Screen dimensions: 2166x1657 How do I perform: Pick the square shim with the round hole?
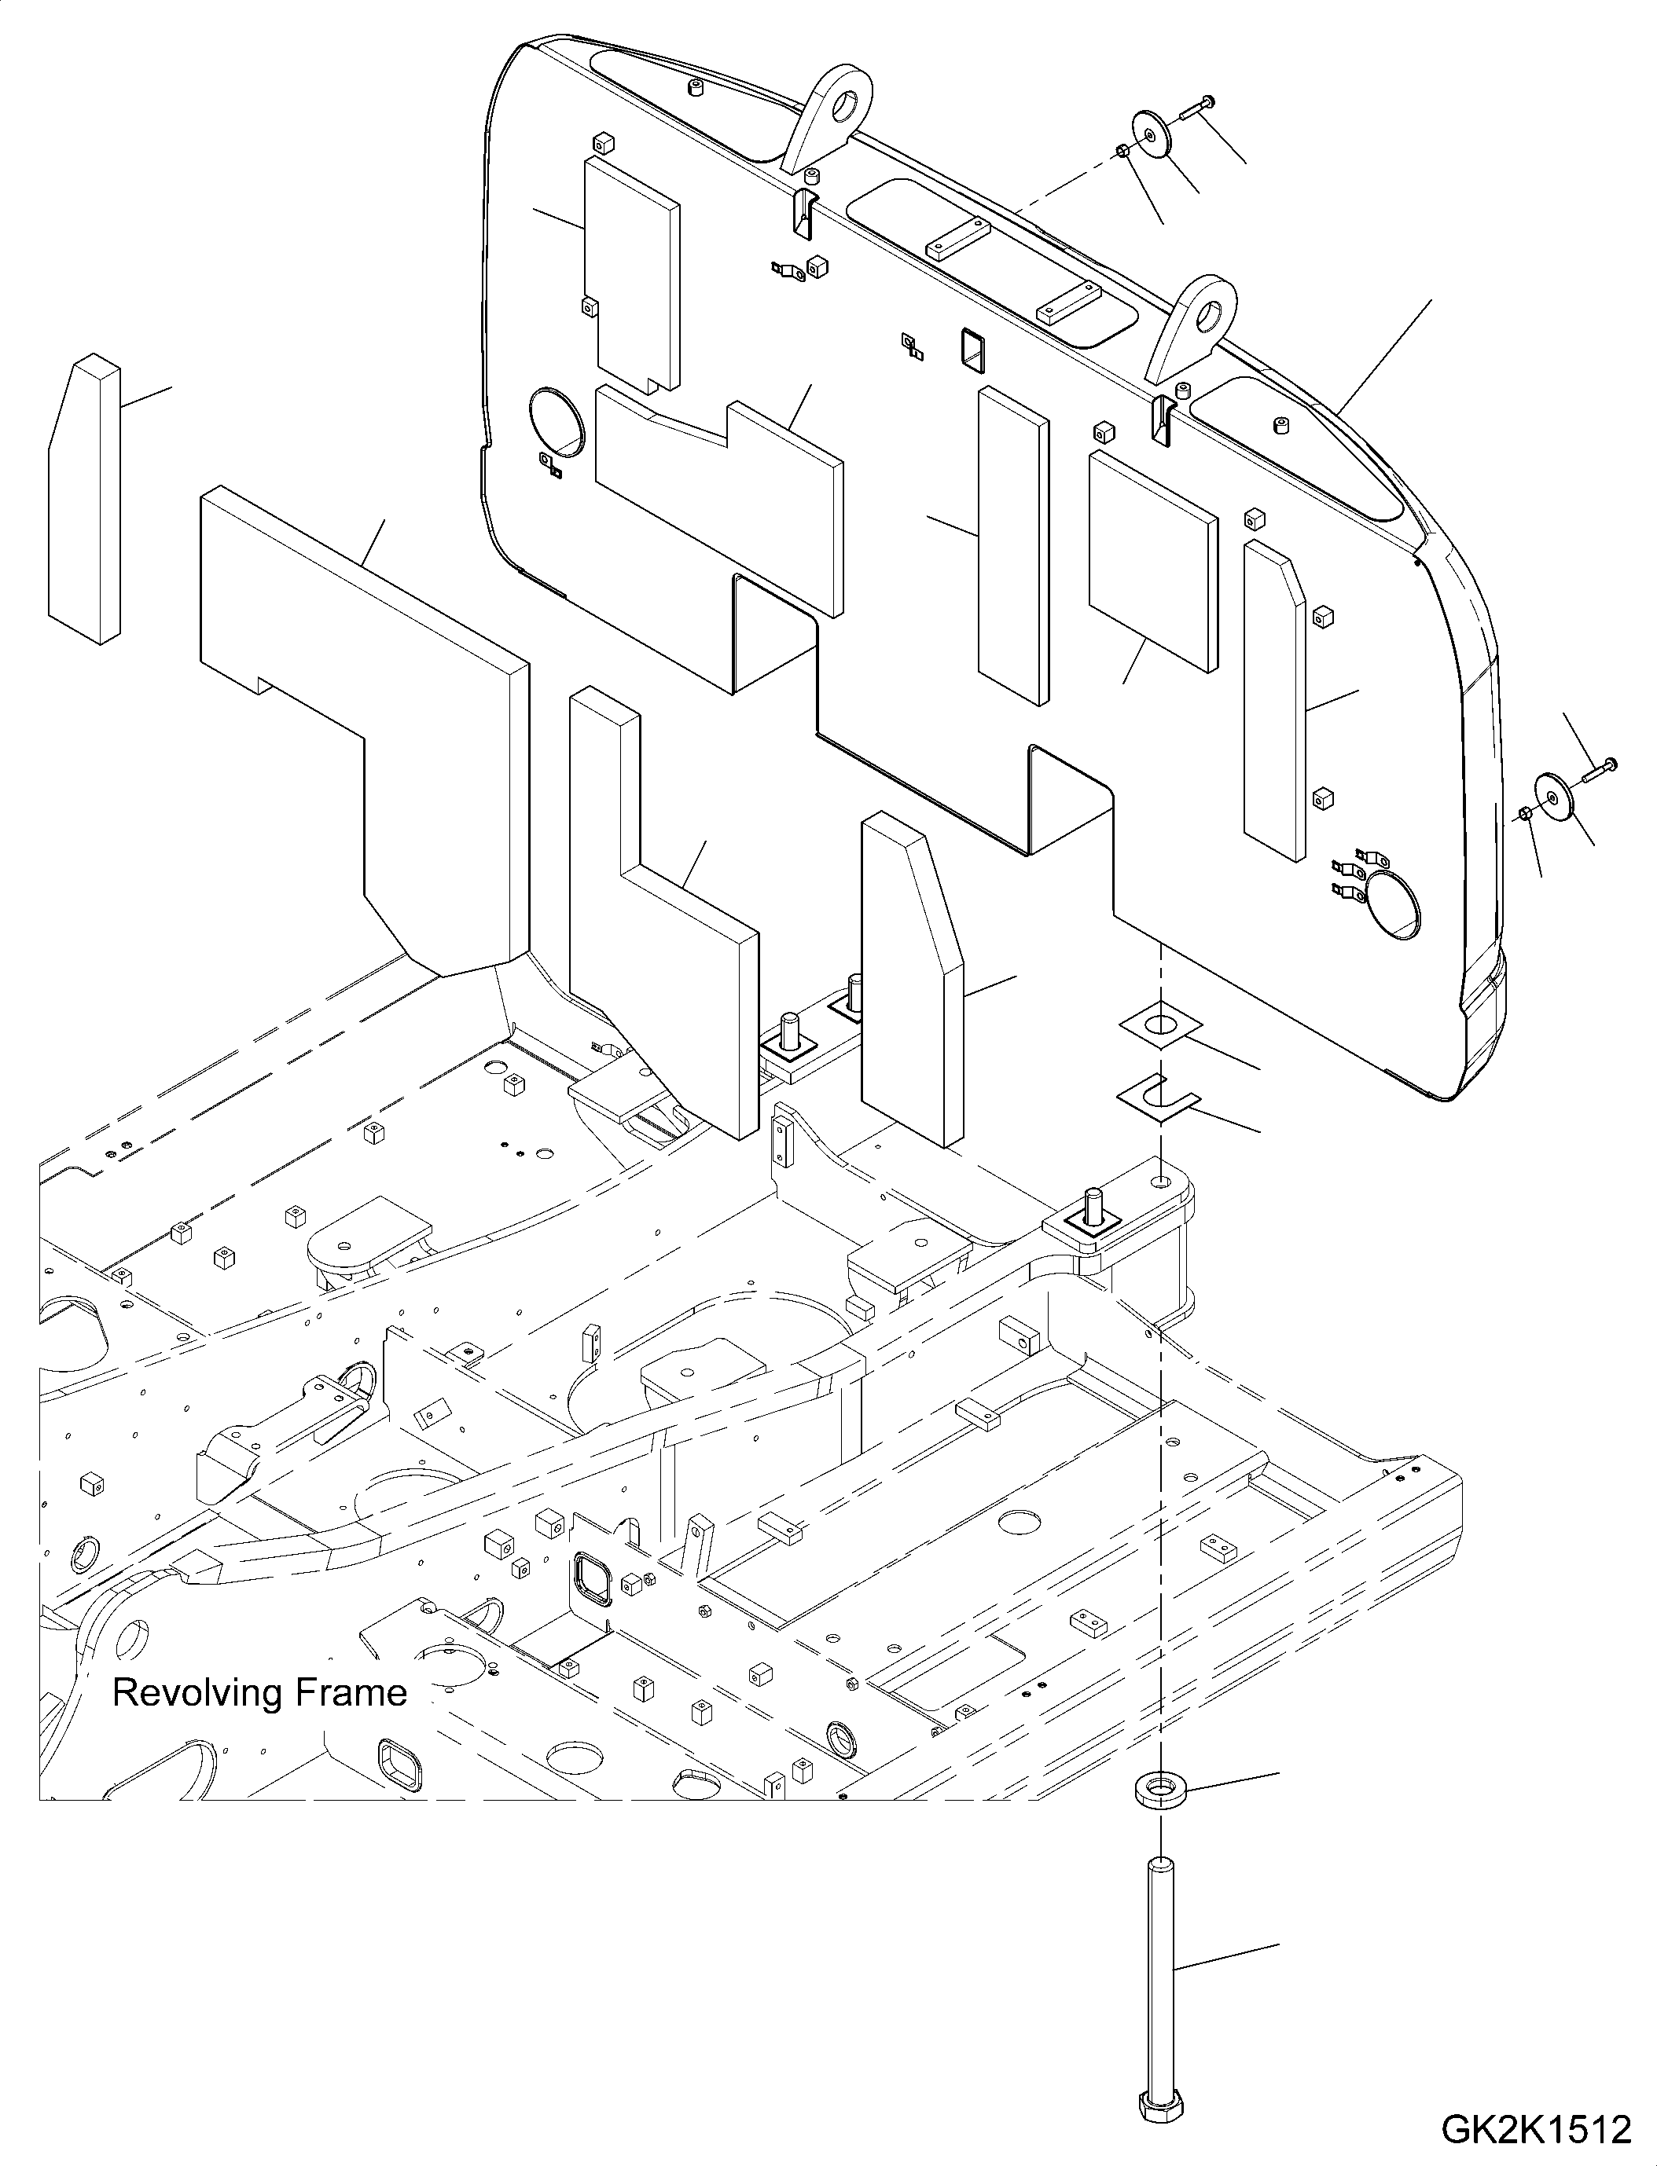pos(1161,1025)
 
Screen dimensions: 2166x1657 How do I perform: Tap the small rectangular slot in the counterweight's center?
pos(972,349)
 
